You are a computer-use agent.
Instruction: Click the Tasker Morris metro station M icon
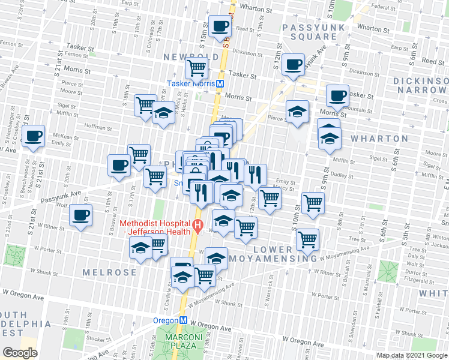pyautogui.click(x=220, y=84)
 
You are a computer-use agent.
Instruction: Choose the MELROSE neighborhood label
pyautogui.click(x=114, y=272)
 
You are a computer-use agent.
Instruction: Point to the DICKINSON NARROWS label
pyautogui.click(x=420, y=85)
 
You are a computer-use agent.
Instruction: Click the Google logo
pyautogui.click(x=20, y=353)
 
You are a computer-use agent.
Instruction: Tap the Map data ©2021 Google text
pyautogui.click(x=412, y=355)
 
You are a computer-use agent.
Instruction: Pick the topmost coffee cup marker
pyautogui.click(x=220, y=26)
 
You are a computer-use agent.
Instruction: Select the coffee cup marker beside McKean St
pyautogui.click(x=34, y=136)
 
